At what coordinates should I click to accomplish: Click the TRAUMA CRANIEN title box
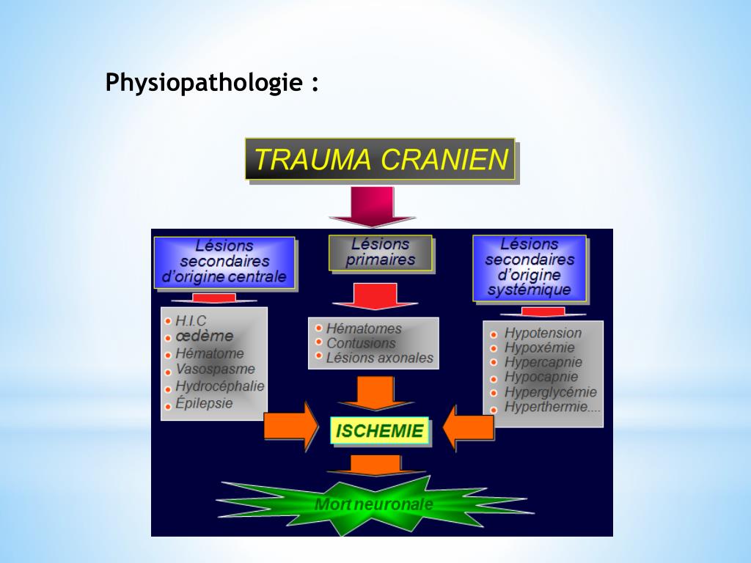[x=380, y=159]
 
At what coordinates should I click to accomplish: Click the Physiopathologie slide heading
[x=213, y=82]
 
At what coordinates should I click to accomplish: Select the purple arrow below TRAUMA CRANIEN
[x=372, y=207]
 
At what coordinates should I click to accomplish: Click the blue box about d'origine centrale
[x=224, y=262]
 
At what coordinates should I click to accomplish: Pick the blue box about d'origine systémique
[x=529, y=268]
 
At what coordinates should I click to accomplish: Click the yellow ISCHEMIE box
[x=379, y=431]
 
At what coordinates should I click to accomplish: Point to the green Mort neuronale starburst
[x=374, y=504]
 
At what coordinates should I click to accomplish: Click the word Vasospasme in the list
[x=216, y=369]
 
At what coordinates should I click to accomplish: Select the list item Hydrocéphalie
[x=220, y=386]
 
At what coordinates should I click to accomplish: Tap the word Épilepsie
[x=204, y=403]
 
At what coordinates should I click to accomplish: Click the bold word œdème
[x=204, y=336]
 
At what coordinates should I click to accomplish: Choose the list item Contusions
[x=360, y=343]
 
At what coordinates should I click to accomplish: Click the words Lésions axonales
[x=379, y=358]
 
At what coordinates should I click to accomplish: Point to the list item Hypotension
[x=543, y=333]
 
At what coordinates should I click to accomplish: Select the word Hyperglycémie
[x=550, y=392]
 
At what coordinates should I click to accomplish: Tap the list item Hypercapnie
[x=543, y=362]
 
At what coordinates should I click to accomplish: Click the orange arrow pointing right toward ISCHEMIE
[x=290, y=426]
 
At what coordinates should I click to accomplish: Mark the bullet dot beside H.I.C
[x=168, y=321]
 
